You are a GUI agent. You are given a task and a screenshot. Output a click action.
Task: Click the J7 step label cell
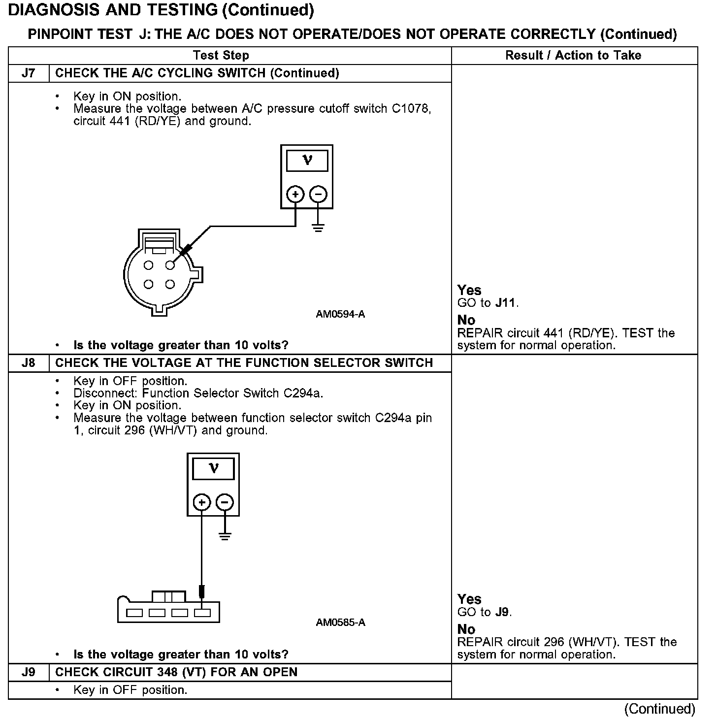29,73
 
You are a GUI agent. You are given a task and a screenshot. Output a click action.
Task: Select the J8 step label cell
29,363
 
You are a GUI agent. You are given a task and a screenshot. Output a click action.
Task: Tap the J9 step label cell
29,672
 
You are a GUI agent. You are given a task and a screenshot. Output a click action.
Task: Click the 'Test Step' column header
221,55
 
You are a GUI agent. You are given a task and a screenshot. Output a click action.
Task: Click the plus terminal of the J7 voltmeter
295,195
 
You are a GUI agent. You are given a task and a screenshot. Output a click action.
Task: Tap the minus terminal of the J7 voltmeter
318,195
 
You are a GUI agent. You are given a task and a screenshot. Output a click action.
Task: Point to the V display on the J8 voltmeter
213,468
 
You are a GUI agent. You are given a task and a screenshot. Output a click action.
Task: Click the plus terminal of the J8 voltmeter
201,503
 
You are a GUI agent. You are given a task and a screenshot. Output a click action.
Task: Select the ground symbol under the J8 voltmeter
225,536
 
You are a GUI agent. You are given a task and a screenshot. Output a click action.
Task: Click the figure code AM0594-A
340,314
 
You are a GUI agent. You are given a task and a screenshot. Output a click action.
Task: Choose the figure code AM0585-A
340,623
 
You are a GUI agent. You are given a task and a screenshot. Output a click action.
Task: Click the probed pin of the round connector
170,265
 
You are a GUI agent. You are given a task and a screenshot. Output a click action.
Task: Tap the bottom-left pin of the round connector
149,284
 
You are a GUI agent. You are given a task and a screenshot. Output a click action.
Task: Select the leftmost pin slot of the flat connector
134,613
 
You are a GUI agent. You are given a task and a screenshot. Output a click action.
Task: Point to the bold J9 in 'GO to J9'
502,612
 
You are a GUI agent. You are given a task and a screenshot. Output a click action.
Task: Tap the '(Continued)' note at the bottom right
659,709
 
